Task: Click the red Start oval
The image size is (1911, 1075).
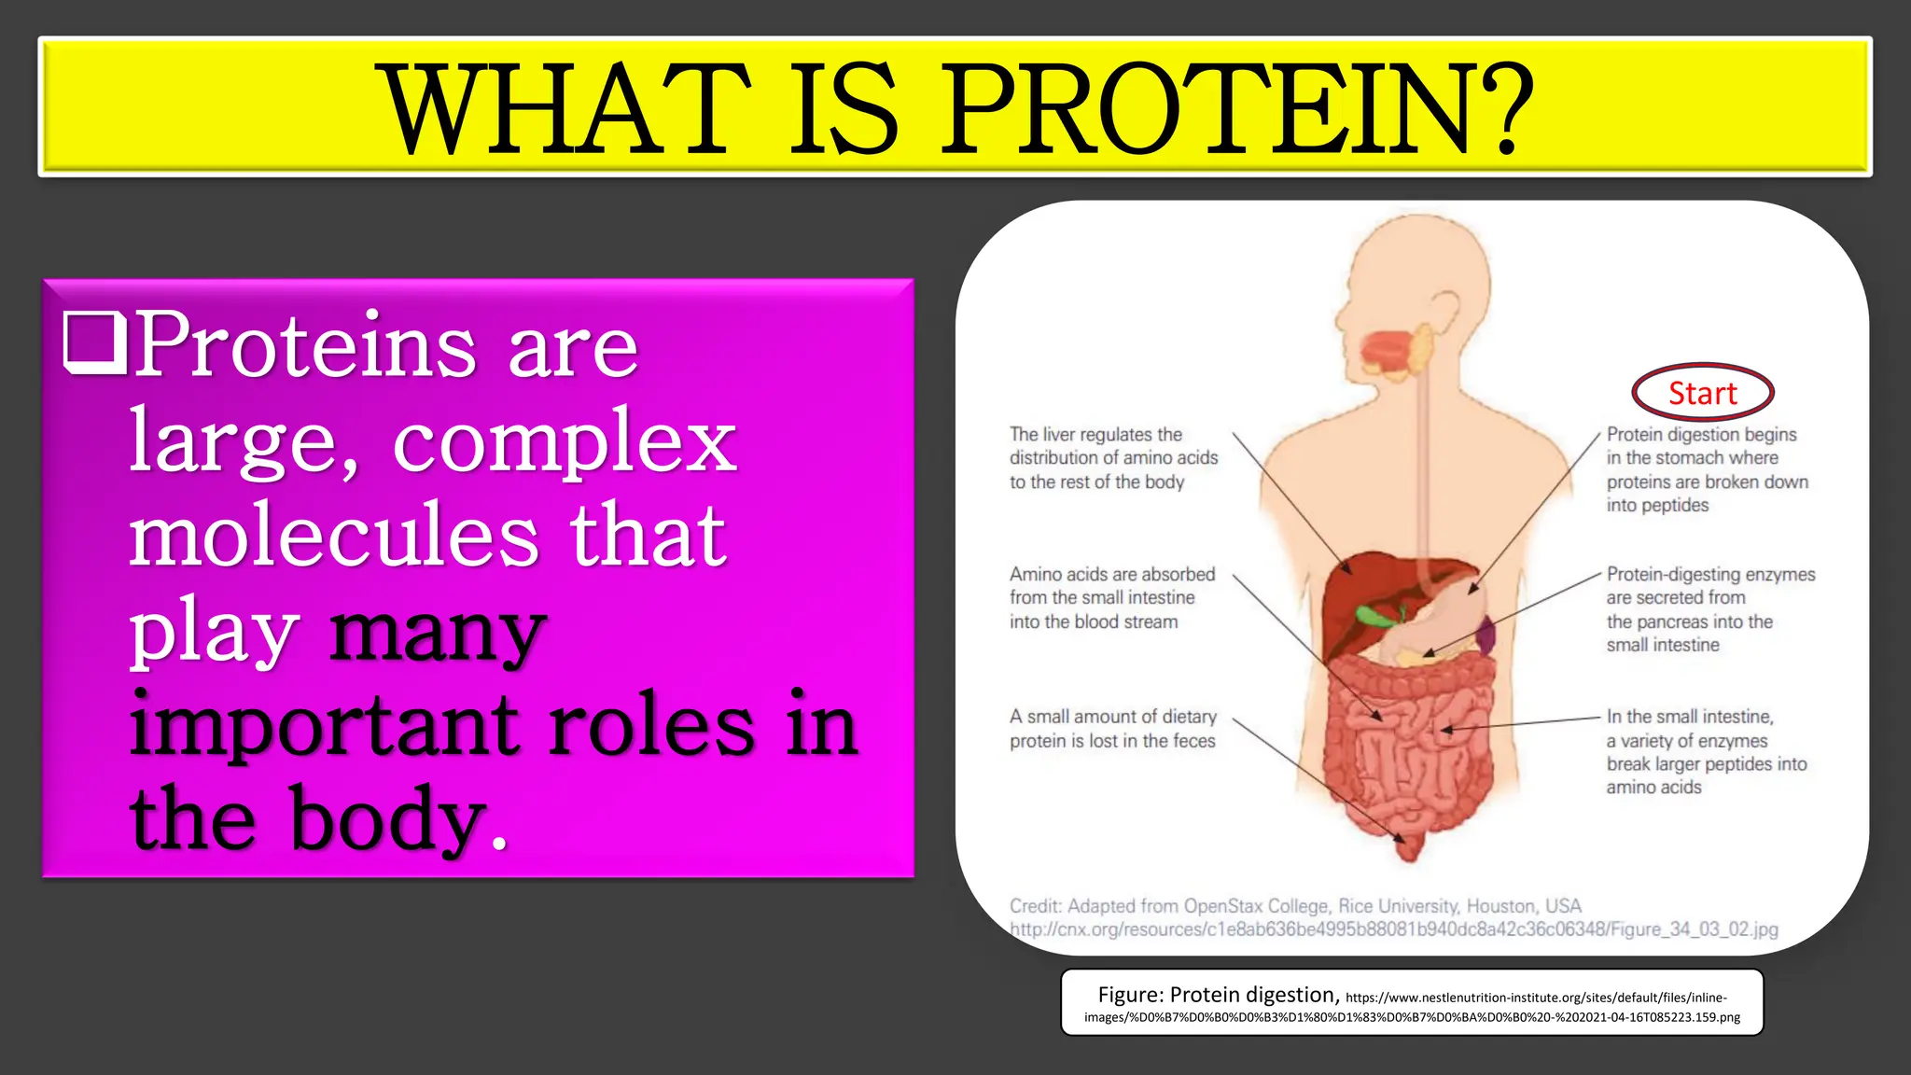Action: click(1702, 393)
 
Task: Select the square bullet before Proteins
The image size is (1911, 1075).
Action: click(94, 343)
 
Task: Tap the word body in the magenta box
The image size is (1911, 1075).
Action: click(387, 818)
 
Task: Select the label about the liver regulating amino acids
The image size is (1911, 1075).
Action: click(1113, 458)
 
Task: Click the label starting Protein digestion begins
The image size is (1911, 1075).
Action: click(1707, 469)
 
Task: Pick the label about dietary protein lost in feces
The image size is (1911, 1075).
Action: click(1112, 729)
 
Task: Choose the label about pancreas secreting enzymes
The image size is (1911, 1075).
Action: click(1709, 609)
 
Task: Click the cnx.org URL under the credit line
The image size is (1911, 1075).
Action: click(1393, 929)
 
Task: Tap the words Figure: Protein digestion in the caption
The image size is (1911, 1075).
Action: click(1218, 995)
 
